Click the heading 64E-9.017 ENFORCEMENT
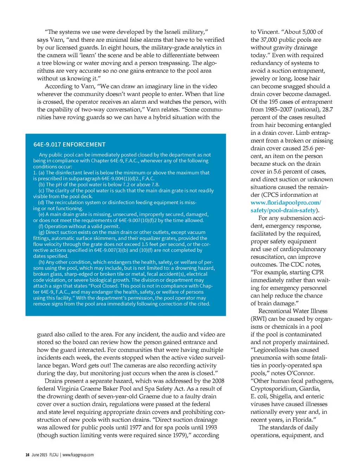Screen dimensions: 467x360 [69, 144]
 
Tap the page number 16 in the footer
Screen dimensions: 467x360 [27, 455]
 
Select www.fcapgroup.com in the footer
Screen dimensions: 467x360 [78, 455]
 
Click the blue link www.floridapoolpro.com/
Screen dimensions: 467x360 [285, 202]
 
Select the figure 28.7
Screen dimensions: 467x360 [328, 109]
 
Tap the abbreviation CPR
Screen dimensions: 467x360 [317, 272]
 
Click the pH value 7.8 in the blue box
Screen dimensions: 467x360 [155, 184]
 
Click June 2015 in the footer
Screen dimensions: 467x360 [39, 455]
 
